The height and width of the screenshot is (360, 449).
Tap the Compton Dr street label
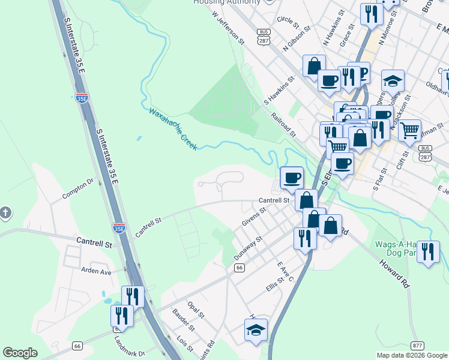(78, 188)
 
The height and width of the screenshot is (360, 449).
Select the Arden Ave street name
(97, 271)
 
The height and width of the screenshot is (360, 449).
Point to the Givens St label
(254, 218)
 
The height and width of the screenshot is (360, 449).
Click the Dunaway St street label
(248, 248)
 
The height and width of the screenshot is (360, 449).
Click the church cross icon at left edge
(5, 213)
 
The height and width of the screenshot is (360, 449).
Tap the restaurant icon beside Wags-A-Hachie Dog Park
(427, 251)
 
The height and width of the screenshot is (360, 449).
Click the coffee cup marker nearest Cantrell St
(292, 177)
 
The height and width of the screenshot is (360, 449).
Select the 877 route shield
(418, 346)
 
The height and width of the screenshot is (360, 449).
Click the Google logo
(20, 352)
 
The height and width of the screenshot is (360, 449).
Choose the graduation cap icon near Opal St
(256, 329)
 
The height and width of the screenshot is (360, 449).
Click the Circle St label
(288, 21)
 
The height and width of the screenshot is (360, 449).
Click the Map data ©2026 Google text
(412, 355)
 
